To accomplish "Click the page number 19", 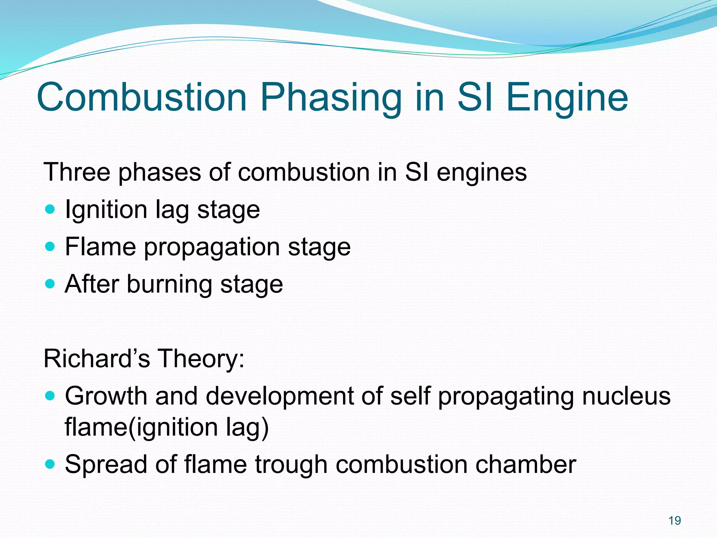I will click(675, 520).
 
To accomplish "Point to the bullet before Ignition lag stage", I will click(50, 210).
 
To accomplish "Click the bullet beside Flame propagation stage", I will click(50, 247).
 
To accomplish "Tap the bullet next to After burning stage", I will click(50, 283).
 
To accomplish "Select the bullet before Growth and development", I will click(50, 396).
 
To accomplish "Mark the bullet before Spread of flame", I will click(50, 464).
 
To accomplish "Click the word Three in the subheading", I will click(78, 172).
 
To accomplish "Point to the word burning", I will click(169, 284).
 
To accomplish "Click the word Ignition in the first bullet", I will click(106, 210).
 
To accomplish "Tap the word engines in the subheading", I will click(481, 173).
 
